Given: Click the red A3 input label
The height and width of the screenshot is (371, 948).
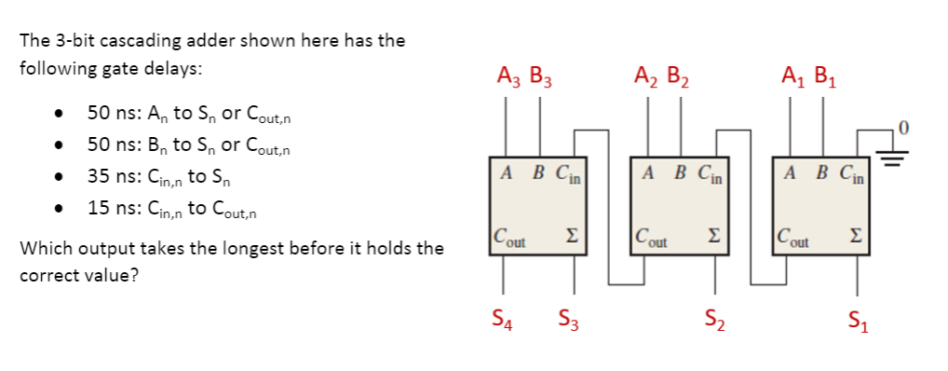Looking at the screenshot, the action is [508, 76].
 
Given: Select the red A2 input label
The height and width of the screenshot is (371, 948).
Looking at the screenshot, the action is [644, 76].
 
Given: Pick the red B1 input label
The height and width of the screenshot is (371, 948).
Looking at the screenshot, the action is [825, 76].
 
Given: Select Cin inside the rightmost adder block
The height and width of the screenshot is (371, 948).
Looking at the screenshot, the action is [849, 172].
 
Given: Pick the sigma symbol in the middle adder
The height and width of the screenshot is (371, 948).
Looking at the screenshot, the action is [714, 233].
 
